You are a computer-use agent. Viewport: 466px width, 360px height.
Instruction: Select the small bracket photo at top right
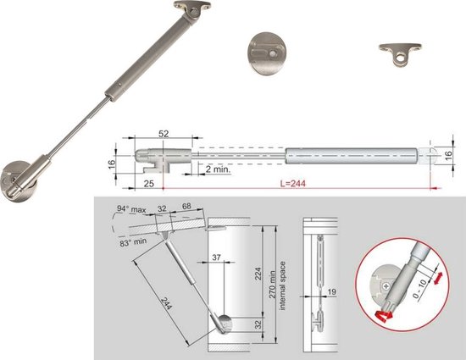[397, 55]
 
